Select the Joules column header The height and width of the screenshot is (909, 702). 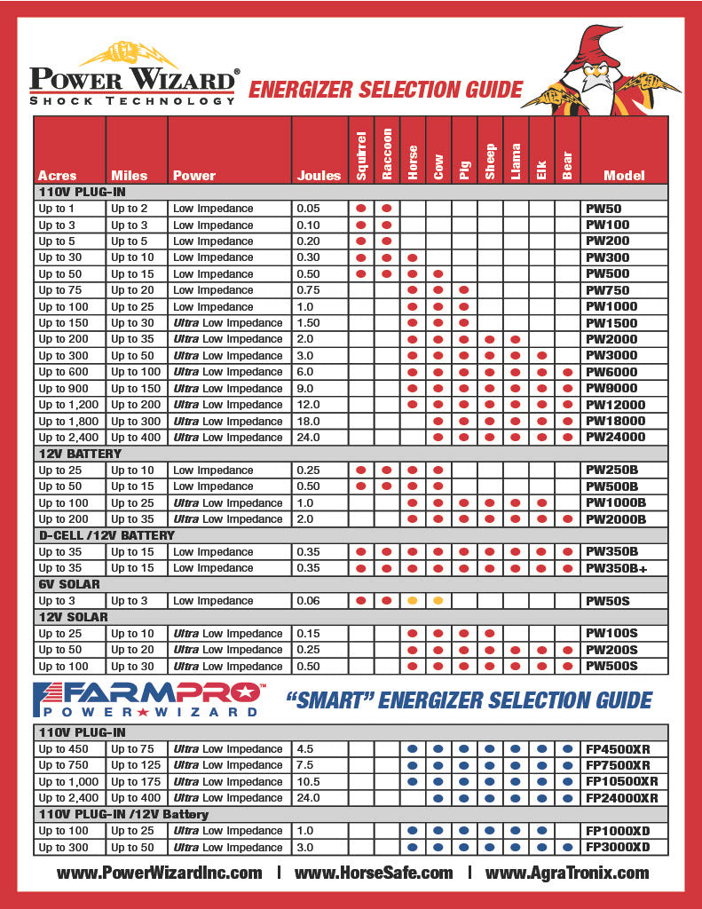coord(319,175)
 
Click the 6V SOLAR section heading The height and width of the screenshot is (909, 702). coord(69,584)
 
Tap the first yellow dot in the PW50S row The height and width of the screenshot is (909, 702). coord(413,601)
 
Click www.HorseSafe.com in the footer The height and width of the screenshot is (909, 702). coord(374,873)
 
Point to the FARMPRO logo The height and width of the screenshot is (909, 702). coord(146,700)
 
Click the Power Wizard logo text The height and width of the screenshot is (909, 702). coord(133,81)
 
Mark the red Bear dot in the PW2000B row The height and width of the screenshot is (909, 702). coord(567,519)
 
